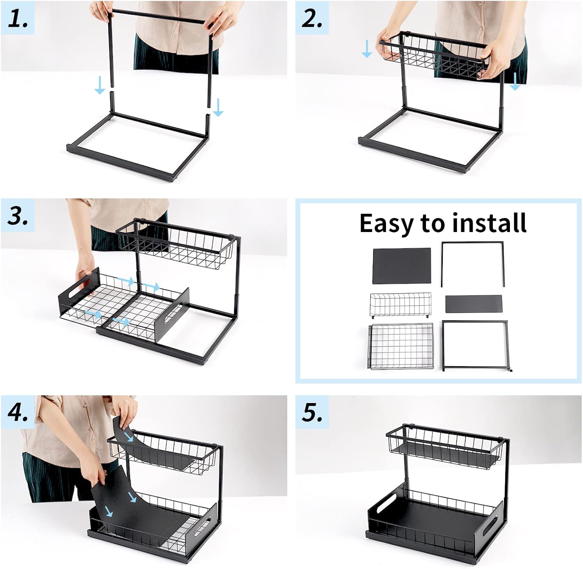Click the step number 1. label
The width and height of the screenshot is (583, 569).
(18, 18)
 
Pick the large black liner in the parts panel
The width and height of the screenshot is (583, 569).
(401, 266)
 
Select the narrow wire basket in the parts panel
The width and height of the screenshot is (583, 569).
(400, 304)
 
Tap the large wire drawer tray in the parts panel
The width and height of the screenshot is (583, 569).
(400, 347)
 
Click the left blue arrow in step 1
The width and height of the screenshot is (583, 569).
(100, 85)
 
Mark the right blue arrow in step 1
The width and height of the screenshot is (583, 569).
(218, 107)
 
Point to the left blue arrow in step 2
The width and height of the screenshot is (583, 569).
(367, 49)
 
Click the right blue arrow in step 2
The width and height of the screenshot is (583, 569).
(515, 81)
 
